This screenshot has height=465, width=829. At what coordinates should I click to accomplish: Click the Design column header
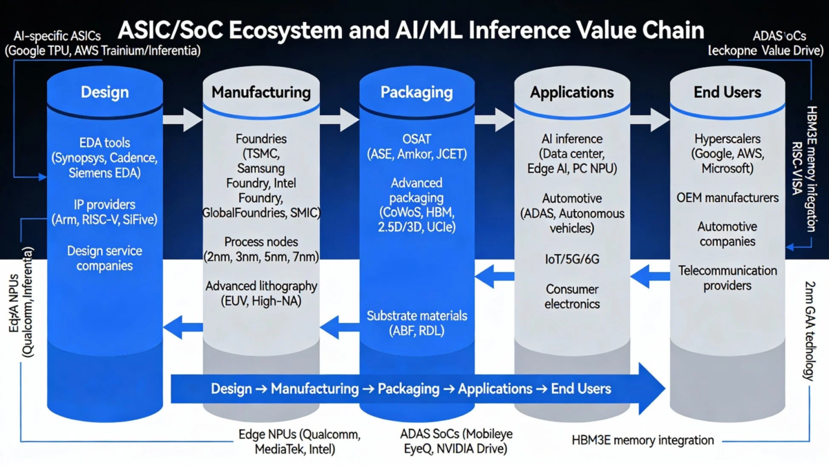(x=104, y=92)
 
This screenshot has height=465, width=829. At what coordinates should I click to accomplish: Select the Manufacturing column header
(x=260, y=92)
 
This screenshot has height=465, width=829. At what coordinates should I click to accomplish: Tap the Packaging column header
(x=416, y=92)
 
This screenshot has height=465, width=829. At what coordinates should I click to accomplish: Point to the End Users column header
(x=727, y=92)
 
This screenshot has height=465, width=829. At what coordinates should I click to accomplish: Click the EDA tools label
(x=104, y=143)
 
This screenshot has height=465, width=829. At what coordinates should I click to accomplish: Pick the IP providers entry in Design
(x=104, y=205)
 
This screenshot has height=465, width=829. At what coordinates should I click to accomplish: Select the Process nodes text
(x=260, y=242)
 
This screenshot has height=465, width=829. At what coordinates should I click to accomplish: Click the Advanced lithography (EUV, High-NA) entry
(x=260, y=286)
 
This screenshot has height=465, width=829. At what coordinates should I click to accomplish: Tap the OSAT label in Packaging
(x=416, y=139)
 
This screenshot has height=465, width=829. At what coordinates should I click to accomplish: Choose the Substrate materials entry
(x=416, y=316)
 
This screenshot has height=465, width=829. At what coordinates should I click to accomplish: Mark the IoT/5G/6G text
(x=571, y=260)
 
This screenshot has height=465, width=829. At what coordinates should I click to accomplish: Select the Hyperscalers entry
(x=727, y=139)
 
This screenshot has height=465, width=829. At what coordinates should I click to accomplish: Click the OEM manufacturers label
(x=727, y=198)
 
